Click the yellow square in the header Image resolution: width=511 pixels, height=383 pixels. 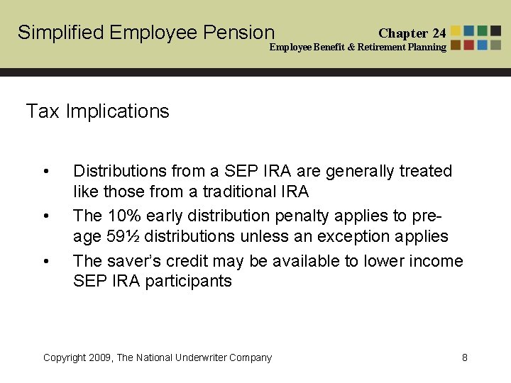tap(456, 31)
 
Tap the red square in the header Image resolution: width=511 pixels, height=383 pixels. tap(470, 45)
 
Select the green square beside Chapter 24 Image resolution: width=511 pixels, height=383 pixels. tap(483, 31)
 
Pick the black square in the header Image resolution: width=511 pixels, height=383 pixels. tap(496, 31)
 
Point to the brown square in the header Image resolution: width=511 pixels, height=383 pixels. tap(456, 45)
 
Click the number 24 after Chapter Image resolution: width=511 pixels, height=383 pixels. tap(439, 33)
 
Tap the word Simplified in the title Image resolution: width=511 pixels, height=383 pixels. tap(60, 33)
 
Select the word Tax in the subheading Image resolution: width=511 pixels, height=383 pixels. tap(43, 111)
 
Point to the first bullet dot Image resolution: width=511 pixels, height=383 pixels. tap(46, 172)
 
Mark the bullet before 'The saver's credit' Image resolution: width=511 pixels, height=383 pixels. tap(46, 261)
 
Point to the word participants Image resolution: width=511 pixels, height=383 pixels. tap(188, 281)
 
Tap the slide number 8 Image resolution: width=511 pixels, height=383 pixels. tap(464, 357)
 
